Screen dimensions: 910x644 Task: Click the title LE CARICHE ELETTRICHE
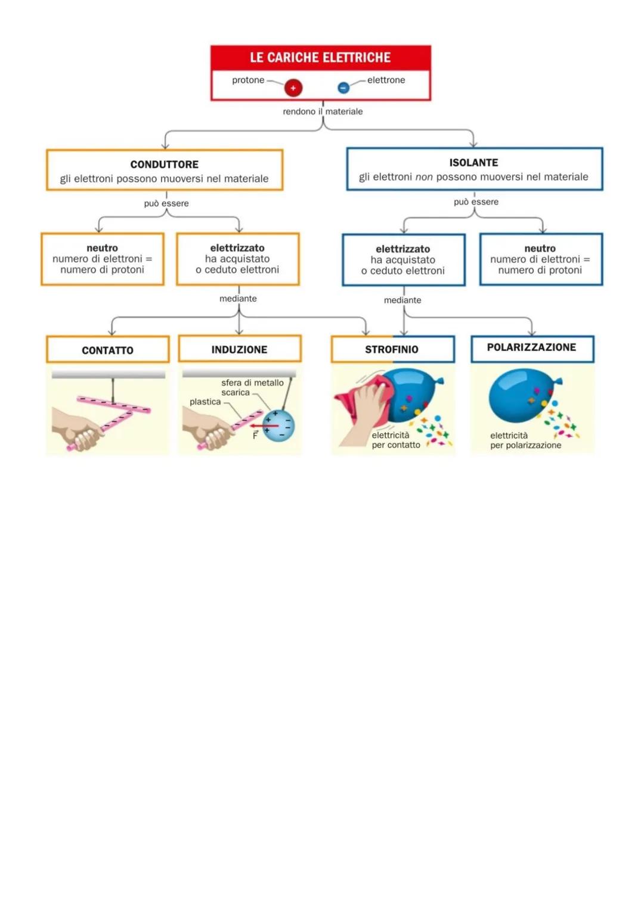click(320, 58)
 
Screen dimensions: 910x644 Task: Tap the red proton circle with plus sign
click(293, 88)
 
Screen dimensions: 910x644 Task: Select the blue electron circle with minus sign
click(343, 88)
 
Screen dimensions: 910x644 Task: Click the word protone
click(248, 80)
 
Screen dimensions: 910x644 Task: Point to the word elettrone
click(386, 80)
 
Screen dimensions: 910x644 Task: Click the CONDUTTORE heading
click(165, 164)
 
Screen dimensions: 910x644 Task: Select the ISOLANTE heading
click(473, 163)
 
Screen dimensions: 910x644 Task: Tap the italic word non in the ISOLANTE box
click(424, 177)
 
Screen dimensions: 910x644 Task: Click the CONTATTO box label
click(107, 350)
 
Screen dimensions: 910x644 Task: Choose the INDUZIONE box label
click(239, 350)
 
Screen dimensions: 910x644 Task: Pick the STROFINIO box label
click(392, 350)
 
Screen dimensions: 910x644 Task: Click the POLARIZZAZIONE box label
click(531, 347)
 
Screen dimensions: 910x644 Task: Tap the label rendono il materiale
click(323, 111)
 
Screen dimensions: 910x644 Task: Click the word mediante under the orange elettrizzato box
click(238, 299)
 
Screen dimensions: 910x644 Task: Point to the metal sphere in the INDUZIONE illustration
click(278, 425)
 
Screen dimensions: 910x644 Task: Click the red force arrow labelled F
click(264, 426)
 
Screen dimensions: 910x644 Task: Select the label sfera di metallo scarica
click(252, 387)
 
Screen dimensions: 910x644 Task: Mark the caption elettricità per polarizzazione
click(525, 440)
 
